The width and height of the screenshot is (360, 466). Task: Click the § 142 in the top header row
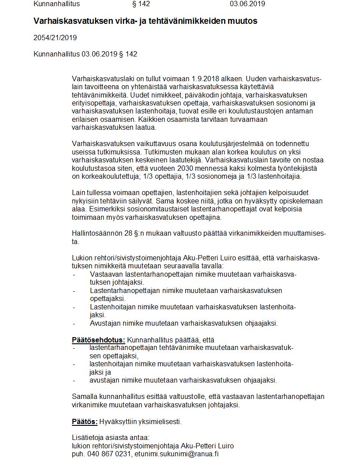(x=141, y=4)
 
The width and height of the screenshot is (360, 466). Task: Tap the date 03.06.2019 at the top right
(x=247, y=4)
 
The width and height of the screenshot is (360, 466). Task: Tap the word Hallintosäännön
(x=97, y=233)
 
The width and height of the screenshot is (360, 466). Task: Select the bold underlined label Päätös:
(x=84, y=421)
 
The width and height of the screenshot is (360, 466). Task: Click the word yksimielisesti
(x=160, y=421)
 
